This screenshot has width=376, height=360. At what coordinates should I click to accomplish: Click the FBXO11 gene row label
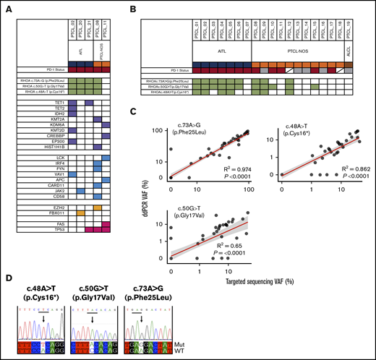(46, 212)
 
